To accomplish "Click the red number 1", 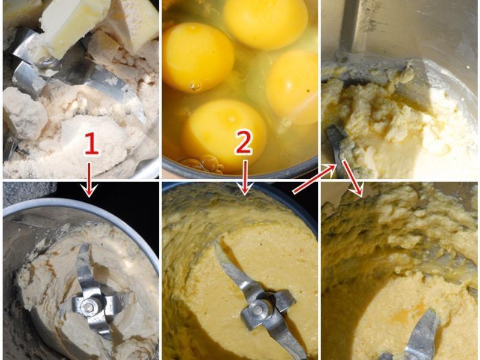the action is pyautogui.click(x=92, y=143).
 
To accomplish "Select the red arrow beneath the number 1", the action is pyautogui.click(x=89, y=179).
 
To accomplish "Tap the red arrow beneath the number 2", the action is pyautogui.click(x=244, y=178).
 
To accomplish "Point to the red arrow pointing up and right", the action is pyautogui.click(x=314, y=179).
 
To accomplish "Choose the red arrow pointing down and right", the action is pyautogui.click(x=352, y=178).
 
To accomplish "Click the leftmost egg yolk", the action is pyautogui.click(x=198, y=57).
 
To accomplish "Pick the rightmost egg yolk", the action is pyautogui.click(x=292, y=87).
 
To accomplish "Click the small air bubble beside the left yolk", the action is pyautogui.click(x=196, y=86).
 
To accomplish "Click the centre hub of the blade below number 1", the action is pyautogui.click(x=88, y=307).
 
